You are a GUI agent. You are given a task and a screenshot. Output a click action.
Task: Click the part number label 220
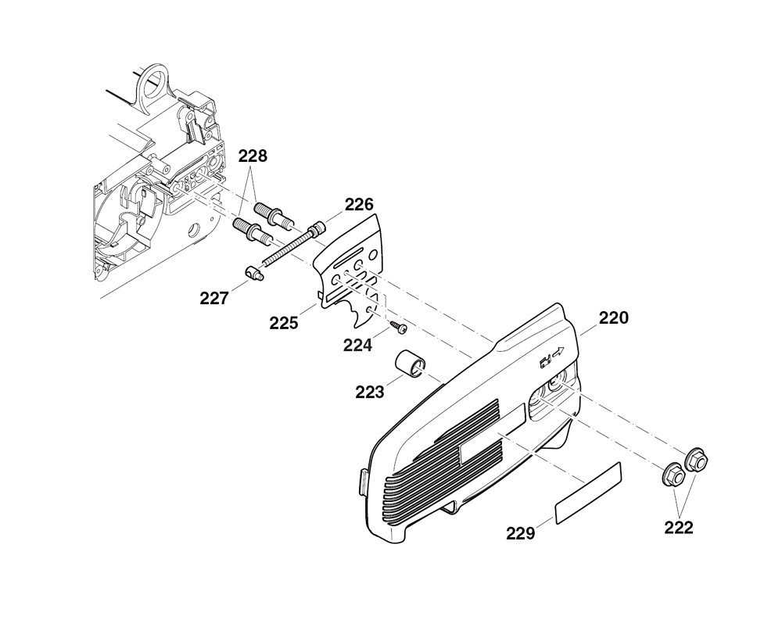coord(613,317)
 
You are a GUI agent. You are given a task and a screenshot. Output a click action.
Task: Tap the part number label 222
coord(678,527)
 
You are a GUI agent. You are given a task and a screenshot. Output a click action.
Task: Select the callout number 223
coord(370,392)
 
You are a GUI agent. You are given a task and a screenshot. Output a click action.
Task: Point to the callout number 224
coord(357,345)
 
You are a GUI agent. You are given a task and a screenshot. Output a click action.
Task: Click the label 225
coord(284,323)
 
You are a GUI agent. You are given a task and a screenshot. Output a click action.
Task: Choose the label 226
coord(359,204)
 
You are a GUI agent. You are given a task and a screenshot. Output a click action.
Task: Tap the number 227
coord(214,299)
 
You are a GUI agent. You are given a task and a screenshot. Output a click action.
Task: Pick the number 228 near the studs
coord(253,156)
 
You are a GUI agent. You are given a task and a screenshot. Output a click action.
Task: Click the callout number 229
coord(520,534)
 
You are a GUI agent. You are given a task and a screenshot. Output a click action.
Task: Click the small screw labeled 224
coord(400,327)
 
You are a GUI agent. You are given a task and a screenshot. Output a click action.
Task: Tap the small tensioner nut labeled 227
coord(254,274)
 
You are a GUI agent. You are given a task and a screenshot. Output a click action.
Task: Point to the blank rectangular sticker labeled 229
coord(589,493)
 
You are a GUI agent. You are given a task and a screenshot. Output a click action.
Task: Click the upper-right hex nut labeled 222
coord(696,460)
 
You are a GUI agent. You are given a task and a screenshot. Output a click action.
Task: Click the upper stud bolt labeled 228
coord(273,213)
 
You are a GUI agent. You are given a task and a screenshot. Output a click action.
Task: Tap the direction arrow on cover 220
coord(558,352)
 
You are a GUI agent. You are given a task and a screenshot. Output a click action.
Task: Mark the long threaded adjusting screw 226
coord(292,246)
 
